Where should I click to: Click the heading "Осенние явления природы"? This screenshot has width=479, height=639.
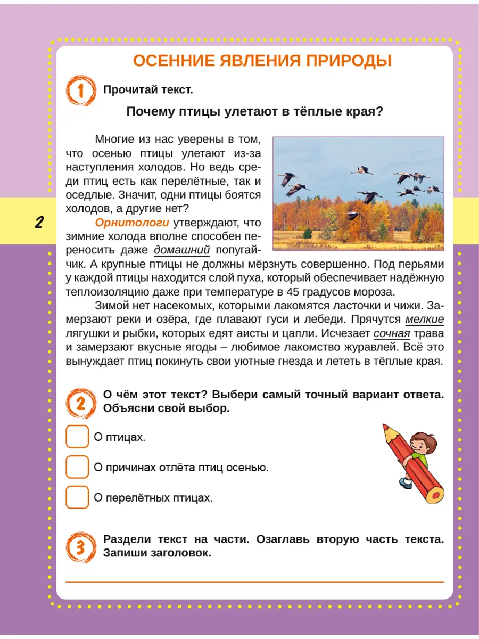point(262,61)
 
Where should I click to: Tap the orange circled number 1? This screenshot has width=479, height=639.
point(80,90)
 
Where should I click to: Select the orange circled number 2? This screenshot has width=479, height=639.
point(80,403)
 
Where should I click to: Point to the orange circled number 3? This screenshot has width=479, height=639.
point(80,546)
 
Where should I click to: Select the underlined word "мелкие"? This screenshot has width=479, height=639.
point(424,320)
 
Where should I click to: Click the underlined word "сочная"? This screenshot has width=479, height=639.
point(392,334)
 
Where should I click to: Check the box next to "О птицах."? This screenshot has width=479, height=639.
point(77,437)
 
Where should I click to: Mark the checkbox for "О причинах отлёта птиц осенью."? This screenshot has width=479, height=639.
point(77,467)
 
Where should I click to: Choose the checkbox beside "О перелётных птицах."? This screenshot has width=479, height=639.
point(77,497)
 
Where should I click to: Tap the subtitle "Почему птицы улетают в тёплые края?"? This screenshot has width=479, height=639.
point(255,112)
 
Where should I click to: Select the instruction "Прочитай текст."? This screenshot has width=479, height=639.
point(147,90)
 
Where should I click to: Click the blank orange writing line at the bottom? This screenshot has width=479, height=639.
point(254,581)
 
